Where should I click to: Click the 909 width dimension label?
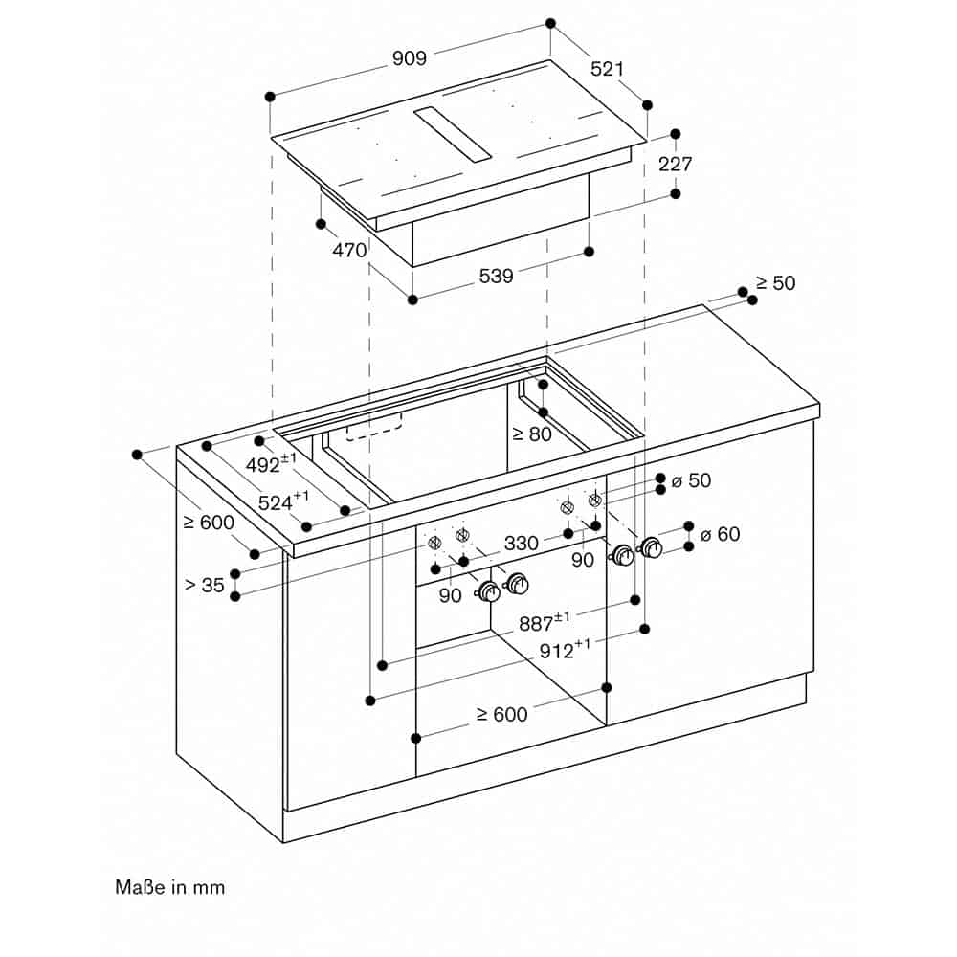(409, 58)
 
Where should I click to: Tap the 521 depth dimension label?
(608, 69)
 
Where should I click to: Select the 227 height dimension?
(675, 164)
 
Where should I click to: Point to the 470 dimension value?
(349, 250)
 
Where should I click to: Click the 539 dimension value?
(496, 276)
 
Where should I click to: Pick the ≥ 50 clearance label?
(776, 283)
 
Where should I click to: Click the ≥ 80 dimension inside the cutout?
(531, 434)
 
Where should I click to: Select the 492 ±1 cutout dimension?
(272, 463)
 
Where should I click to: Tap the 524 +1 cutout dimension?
(284, 501)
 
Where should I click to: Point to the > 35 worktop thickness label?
(205, 585)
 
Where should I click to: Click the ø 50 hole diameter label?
(692, 480)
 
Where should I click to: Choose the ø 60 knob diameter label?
(721, 534)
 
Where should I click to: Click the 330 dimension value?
(522, 543)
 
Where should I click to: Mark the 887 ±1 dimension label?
(545, 621)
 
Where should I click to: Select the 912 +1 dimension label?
(566, 649)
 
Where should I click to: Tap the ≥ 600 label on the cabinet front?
(501, 714)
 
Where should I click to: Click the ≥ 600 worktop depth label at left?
(209, 523)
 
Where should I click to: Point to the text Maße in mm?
(169, 887)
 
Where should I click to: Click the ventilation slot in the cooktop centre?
(453, 134)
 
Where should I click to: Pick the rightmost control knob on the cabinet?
(651, 547)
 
